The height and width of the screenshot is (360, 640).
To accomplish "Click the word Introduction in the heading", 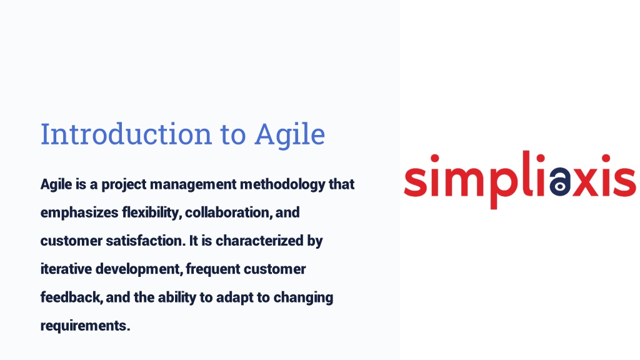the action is [x=126, y=134].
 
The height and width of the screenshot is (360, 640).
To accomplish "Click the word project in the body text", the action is [x=124, y=185].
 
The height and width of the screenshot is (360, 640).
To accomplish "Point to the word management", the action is [x=194, y=185].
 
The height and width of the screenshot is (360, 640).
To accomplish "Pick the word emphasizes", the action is [x=79, y=213].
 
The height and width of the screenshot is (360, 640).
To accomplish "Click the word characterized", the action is [x=259, y=241].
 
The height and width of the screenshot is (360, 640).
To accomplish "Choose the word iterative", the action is [x=66, y=269].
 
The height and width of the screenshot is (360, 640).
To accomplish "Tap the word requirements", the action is [x=85, y=326].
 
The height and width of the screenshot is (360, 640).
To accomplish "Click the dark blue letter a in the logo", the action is [x=559, y=181].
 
